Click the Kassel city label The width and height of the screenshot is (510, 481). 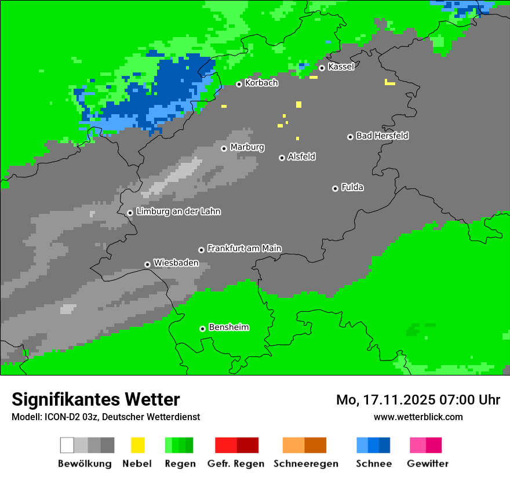[x=341, y=67]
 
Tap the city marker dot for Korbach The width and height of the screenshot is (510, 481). [x=239, y=84]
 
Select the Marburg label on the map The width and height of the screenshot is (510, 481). [x=247, y=147]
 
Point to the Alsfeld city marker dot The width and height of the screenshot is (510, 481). [x=282, y=158]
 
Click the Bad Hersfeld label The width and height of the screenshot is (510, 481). [x=382, y=136]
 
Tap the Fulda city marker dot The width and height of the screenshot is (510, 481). [x=335, y=188]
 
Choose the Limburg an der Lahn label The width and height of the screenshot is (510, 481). [x=178, y=212]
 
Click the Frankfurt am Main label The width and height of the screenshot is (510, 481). [x=244, y=249]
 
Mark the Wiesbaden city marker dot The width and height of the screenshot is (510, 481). [x=147, y=264]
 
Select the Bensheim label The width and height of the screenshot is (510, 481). [x=228, y=327]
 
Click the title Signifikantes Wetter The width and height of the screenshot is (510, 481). [x=96, y=399]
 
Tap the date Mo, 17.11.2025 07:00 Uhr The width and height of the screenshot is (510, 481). [x=418, y=400]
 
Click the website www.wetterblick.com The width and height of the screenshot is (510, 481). [x=418, y=417]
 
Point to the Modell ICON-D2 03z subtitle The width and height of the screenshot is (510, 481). [x=105, y=417]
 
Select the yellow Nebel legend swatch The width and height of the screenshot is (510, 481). [x=137, y=445]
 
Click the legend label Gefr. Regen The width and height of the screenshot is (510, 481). [x=236, y=464]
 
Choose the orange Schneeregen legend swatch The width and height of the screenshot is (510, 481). [x=293, y=445]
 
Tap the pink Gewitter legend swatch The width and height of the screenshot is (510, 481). [x=418, y=445]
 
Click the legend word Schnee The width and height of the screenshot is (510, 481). [x=373, y=464]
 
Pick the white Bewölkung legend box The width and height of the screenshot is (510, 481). [x=67, y=445]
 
